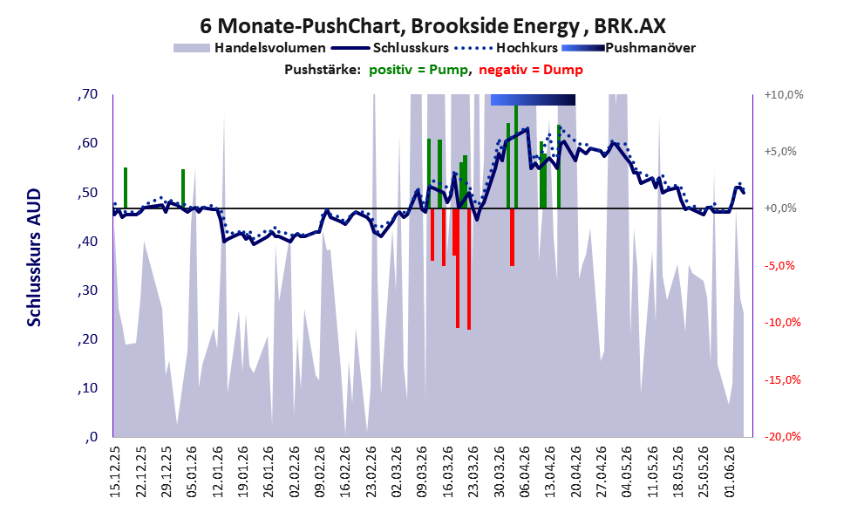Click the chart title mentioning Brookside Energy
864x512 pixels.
(432, 25)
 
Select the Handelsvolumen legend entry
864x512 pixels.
(249, 48)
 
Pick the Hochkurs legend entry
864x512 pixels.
(506, 48)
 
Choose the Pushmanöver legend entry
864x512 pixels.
(629, 48)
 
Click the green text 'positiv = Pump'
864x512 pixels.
(418, 70)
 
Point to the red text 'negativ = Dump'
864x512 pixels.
(531, 70)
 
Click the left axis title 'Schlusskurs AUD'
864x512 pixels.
(34, 257)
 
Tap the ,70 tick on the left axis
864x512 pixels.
(87, 94)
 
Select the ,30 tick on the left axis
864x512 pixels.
(87, 290)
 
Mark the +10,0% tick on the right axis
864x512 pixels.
(784, 95)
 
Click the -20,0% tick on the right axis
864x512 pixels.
(783, 436)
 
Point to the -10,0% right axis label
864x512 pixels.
(783, 323)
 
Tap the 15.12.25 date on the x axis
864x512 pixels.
(115, 473)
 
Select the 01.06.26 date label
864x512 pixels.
(730, 473)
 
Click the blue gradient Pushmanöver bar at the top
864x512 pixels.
(533, 99)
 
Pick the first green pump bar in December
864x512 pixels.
(126, 188)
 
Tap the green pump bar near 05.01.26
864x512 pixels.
(183, 189)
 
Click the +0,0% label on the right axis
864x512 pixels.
(781, 208)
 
